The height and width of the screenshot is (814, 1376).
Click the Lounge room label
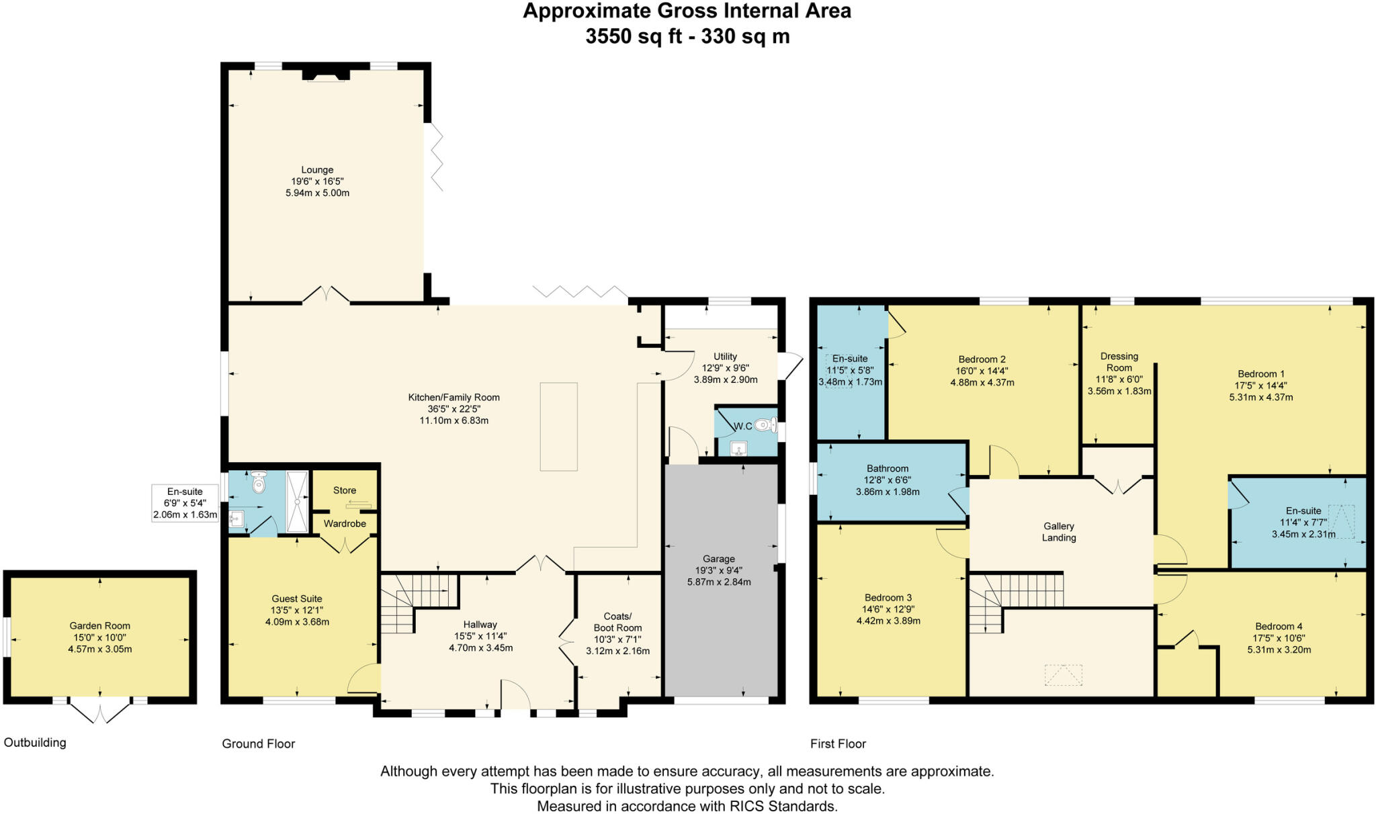point(317,170)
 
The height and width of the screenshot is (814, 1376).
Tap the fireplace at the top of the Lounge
point(326,75)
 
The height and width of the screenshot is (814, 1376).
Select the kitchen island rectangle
point(558,426)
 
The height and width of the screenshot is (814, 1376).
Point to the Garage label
point(719,559)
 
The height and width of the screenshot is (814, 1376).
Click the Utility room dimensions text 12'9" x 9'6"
point(726,368)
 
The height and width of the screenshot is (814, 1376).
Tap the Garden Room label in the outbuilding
point(100,626)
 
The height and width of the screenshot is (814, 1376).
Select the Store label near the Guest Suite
point(345,490)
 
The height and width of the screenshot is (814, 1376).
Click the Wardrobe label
point(345,523)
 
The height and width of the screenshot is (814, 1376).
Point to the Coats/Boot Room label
point(617,622)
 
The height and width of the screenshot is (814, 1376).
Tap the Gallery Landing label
point(1059,532)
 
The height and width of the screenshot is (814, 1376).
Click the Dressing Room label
point(1119,362)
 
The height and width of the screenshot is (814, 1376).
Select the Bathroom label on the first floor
point(888,469)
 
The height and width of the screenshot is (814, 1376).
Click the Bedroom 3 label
point(888,598)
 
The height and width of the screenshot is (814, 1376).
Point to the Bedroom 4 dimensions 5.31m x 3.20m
point(1279,649)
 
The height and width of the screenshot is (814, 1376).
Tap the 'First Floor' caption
point(838,743)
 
